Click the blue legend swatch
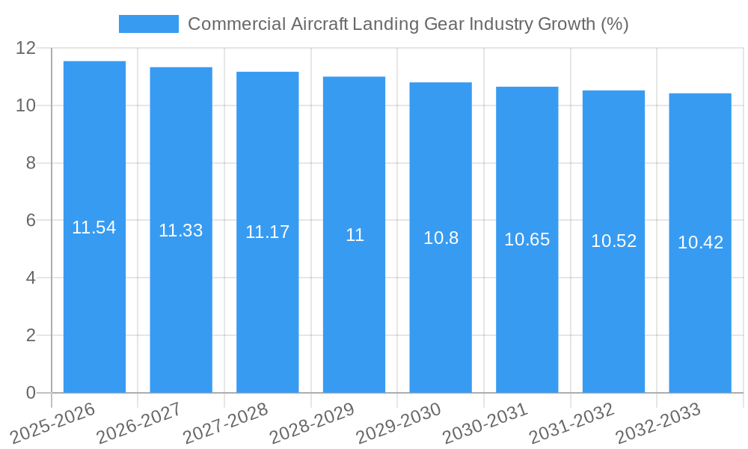tap(148, 24)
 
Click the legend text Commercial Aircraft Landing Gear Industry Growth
tap(408, 24)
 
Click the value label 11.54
tap(94, 227)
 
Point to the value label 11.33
tap(181, 230)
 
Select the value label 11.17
tap(267, 232)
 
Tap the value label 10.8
tap(441, 238)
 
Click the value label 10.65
tap(527, 239)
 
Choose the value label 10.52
tap(613, 241)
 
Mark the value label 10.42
tap(700, 242)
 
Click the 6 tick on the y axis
tap(31, 220)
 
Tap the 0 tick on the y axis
tap(31, 393)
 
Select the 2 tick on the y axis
tap(31, 335)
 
